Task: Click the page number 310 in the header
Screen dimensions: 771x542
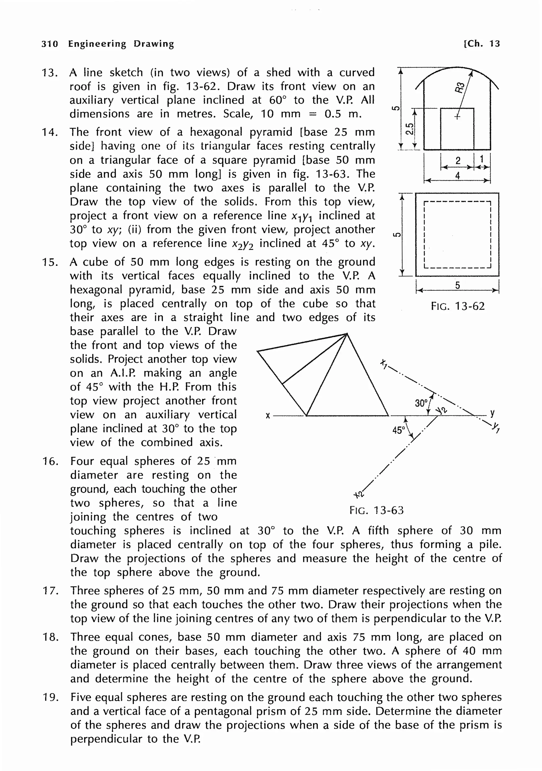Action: [x=50, y=44]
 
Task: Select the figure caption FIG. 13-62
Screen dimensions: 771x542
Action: [x=458, y=306]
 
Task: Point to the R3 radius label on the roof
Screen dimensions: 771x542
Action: [x=461, y=87]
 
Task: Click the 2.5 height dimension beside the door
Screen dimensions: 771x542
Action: [x=409, y=129]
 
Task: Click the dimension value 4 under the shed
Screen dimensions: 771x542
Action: [x=457, y=175]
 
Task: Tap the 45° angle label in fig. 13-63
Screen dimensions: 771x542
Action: [x=399, y=430]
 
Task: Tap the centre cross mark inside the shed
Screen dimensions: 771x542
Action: [x=457, y=116]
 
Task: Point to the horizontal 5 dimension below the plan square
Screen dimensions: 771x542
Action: [x=457, y=285]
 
